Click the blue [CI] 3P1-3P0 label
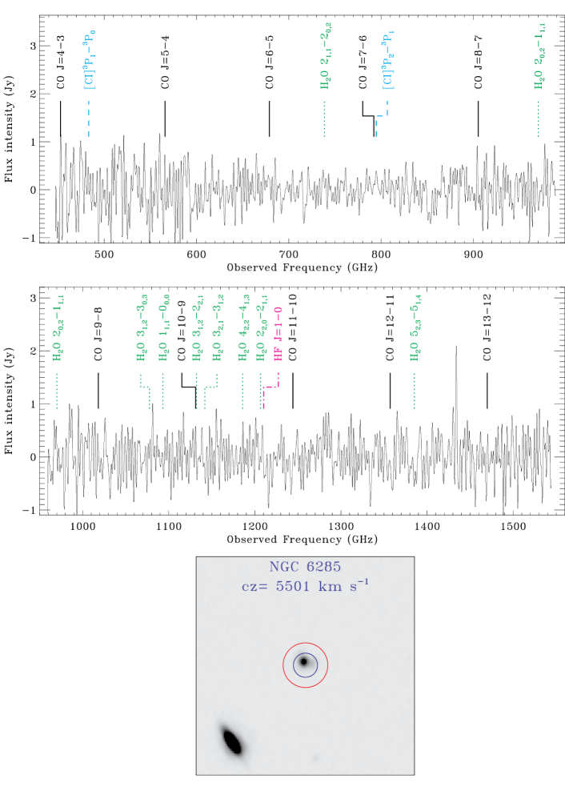(89, 60)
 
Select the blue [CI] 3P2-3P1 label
(387, 60)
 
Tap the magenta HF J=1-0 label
(278, 334)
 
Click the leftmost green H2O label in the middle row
(58, 328)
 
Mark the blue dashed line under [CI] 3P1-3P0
(89, 118)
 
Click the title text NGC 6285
(305, 567)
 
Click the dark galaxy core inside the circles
(304, 662)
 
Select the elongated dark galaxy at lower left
(232, 741)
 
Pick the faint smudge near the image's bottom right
(315, 757)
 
